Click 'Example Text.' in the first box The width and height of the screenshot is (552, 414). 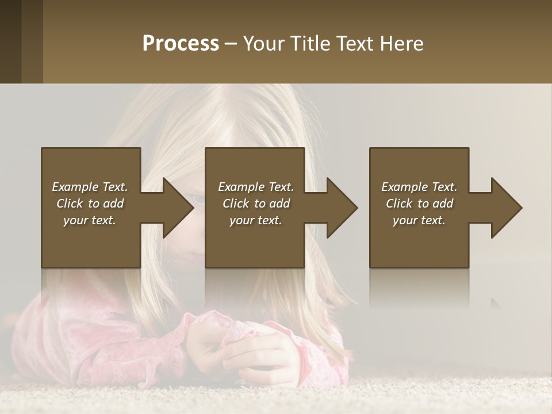(90, 187)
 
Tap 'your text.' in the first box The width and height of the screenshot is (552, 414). (90, 220)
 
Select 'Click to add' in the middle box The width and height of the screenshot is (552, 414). (256, 204)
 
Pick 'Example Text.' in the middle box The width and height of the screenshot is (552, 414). (256, 187)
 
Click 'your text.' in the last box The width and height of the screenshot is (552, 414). (419, 220)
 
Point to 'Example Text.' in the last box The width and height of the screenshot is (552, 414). (419, 187)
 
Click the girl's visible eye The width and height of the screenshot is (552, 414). (197, 199)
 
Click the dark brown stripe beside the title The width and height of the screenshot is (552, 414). (32, 41)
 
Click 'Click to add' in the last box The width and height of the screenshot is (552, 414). (419, 204)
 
